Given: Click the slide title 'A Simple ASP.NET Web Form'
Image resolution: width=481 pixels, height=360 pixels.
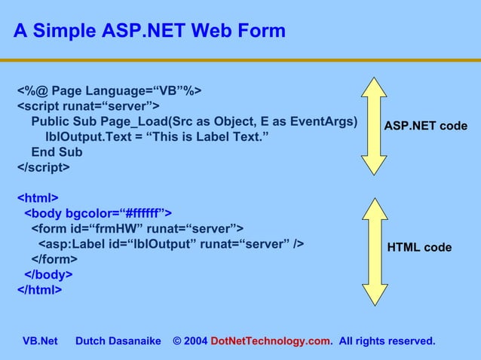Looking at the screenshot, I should click(149, 31).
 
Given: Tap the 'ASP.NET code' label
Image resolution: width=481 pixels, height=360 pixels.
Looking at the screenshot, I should click(425, 126).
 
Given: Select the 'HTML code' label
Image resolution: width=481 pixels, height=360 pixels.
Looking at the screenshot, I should click(419, 247).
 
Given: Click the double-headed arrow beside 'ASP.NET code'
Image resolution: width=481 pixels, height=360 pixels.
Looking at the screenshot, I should click(373, 126).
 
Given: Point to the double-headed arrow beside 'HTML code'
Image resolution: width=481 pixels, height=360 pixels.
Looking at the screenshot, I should click(373, 246).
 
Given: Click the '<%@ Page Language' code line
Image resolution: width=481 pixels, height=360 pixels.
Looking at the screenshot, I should click(109, 91).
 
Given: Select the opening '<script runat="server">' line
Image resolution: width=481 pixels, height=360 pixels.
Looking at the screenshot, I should click(87, 106).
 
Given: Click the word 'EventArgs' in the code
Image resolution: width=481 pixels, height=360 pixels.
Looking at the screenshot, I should click(326, 122).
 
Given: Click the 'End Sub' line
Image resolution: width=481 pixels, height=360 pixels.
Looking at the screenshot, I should click(57, 152).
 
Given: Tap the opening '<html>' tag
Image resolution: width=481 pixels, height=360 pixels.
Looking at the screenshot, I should click(38, 198).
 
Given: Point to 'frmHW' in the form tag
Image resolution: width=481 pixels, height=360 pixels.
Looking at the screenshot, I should click(106, 228).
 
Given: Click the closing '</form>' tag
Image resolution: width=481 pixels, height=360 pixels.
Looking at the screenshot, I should click(54, 259).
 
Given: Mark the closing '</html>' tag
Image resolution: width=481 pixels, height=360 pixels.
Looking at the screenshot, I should click(40, 289).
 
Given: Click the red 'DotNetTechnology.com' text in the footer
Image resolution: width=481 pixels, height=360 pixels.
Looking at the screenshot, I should click(271, 341).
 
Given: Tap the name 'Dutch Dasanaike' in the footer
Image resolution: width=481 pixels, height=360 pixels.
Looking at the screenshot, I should click(118, 341).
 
